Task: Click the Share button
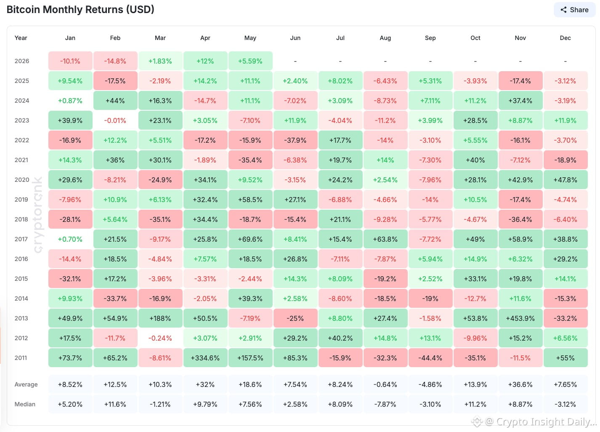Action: coord(574,10)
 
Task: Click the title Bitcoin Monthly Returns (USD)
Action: coord(80,10)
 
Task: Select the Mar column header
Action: coord(160,38)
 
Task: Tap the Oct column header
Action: coord(475,38)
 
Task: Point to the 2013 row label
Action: coord(21,318)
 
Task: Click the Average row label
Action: coord(26,384)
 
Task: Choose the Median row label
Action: coord(25,404)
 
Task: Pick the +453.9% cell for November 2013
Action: coord(520,318)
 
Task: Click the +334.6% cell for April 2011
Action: coord(205,358)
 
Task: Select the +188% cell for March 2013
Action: coord(160,318)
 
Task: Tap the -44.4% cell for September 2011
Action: coord(430,358)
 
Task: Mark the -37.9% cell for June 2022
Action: coord(295,140)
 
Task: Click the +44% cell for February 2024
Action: coord(115,101)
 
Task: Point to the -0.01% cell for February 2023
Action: coord(115,120)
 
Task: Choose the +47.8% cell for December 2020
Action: coord(565,180)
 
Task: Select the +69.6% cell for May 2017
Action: coord(250,239)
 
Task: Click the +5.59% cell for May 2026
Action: coord(250,61)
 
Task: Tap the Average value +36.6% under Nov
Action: coord(520,384)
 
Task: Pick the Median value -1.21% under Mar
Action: coord(160,404)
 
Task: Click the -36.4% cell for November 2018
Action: coord(520,219)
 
